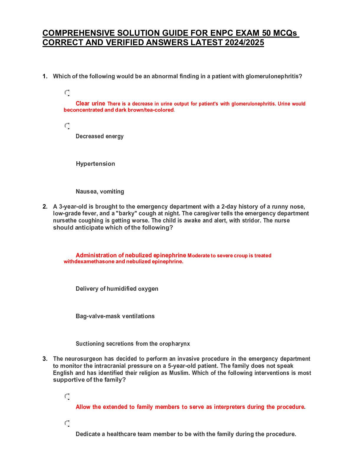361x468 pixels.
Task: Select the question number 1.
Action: click(x=45, y=76)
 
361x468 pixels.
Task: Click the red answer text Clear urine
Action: click(x=90, y=103)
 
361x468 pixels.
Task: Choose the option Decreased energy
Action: click(x=99, y=136)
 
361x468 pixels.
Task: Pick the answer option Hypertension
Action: click(x=95, y=164)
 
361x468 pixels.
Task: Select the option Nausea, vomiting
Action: click(x=100, y=191)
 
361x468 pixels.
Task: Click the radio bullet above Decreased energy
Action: click(x=67, y=126)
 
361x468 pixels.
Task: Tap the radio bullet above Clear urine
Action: click(x=67, y=93)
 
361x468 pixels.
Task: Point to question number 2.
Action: click(x=45, y=207)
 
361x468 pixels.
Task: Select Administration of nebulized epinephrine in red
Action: click(x=131, y=255)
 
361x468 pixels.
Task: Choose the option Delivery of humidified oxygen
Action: click(x=117, y=289)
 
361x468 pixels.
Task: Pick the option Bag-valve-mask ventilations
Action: click(x=115, y=316)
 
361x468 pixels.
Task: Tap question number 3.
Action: click(x=45, y=359)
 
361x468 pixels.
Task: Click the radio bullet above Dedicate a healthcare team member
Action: click(x=67, y=423)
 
